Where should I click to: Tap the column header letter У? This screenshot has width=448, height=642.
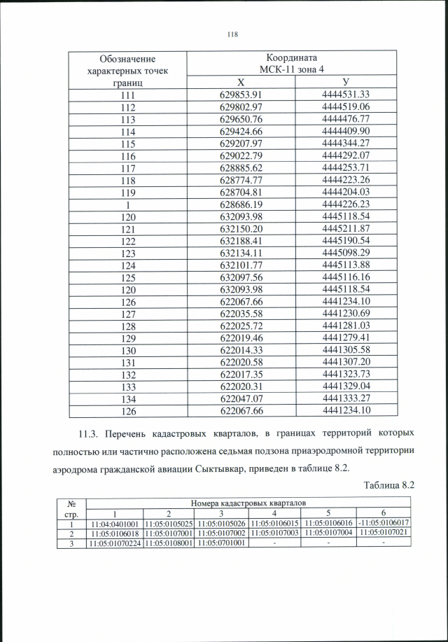(x=346, y=83)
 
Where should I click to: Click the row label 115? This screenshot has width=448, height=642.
(x=127, y=143)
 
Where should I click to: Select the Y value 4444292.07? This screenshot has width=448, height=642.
(x=346, y=155)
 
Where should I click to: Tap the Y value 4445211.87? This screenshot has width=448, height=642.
(x=346, y=228)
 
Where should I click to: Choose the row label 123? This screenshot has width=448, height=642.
(x=127, y=253)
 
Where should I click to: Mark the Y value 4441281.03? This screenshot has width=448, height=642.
(x=346, y=326)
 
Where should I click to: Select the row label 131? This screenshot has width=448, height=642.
(x=127, y=362)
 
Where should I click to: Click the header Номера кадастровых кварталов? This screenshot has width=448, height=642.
(x=248, y=503)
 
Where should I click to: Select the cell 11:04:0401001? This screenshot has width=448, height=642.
(x=114, y=523)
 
